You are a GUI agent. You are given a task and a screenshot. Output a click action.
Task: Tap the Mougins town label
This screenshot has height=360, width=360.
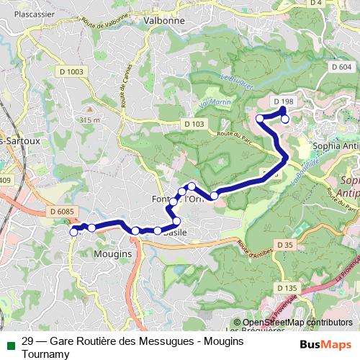[x=112, y=254]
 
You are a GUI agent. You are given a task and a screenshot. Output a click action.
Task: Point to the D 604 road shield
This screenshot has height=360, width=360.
[x=341, y=67]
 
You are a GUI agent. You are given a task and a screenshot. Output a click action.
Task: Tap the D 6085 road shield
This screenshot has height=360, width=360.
[x=63, y=211]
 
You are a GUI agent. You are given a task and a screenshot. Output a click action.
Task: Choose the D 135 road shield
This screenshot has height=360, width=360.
[x=287, y=288]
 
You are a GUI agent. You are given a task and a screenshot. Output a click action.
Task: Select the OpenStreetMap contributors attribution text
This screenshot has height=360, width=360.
[x=297, y=323]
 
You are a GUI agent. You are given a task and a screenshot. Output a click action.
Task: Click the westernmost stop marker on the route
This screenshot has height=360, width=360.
[x=73, y=231]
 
